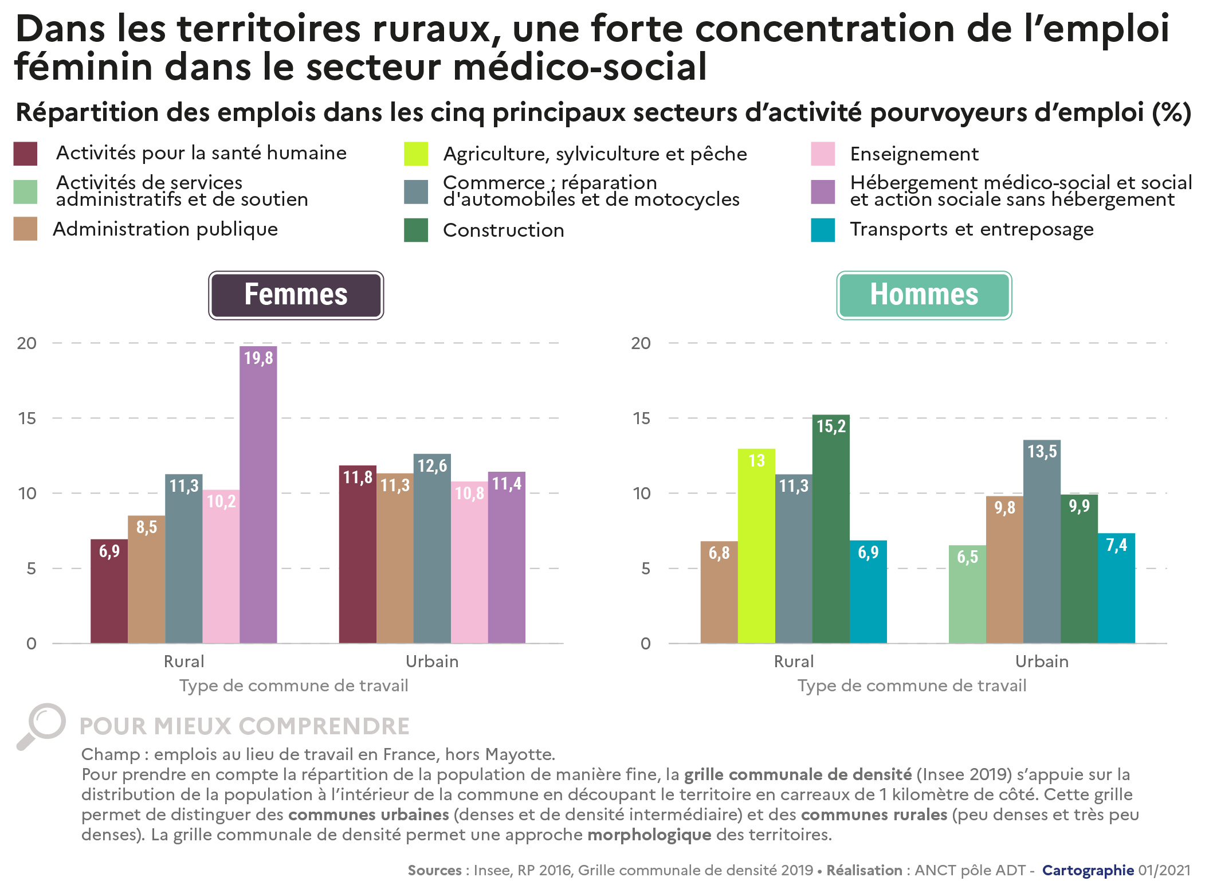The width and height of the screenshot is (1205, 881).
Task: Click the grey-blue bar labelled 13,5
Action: coord(1041,541)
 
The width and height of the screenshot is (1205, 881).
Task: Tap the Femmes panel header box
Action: coord(296,295)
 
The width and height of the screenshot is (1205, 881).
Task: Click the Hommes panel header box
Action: coord(924,295)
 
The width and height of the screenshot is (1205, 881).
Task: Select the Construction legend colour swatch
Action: coord(415,230)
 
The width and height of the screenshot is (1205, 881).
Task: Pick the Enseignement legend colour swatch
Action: coord(822,154)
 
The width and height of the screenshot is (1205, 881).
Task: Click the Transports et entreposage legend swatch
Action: coord(822,230)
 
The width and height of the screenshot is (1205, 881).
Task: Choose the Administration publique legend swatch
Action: coord(25,229)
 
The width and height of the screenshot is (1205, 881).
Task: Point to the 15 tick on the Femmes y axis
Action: coord(27,418)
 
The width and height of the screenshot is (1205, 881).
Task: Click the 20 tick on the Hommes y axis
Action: coord(641,343)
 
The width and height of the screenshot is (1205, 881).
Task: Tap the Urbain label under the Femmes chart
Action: coord(431,661)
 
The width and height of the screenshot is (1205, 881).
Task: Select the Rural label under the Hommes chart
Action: coord(793,661)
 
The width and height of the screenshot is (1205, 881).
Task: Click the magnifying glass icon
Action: coord(41,725)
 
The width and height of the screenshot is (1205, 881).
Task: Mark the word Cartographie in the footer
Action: coord(1087,870)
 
